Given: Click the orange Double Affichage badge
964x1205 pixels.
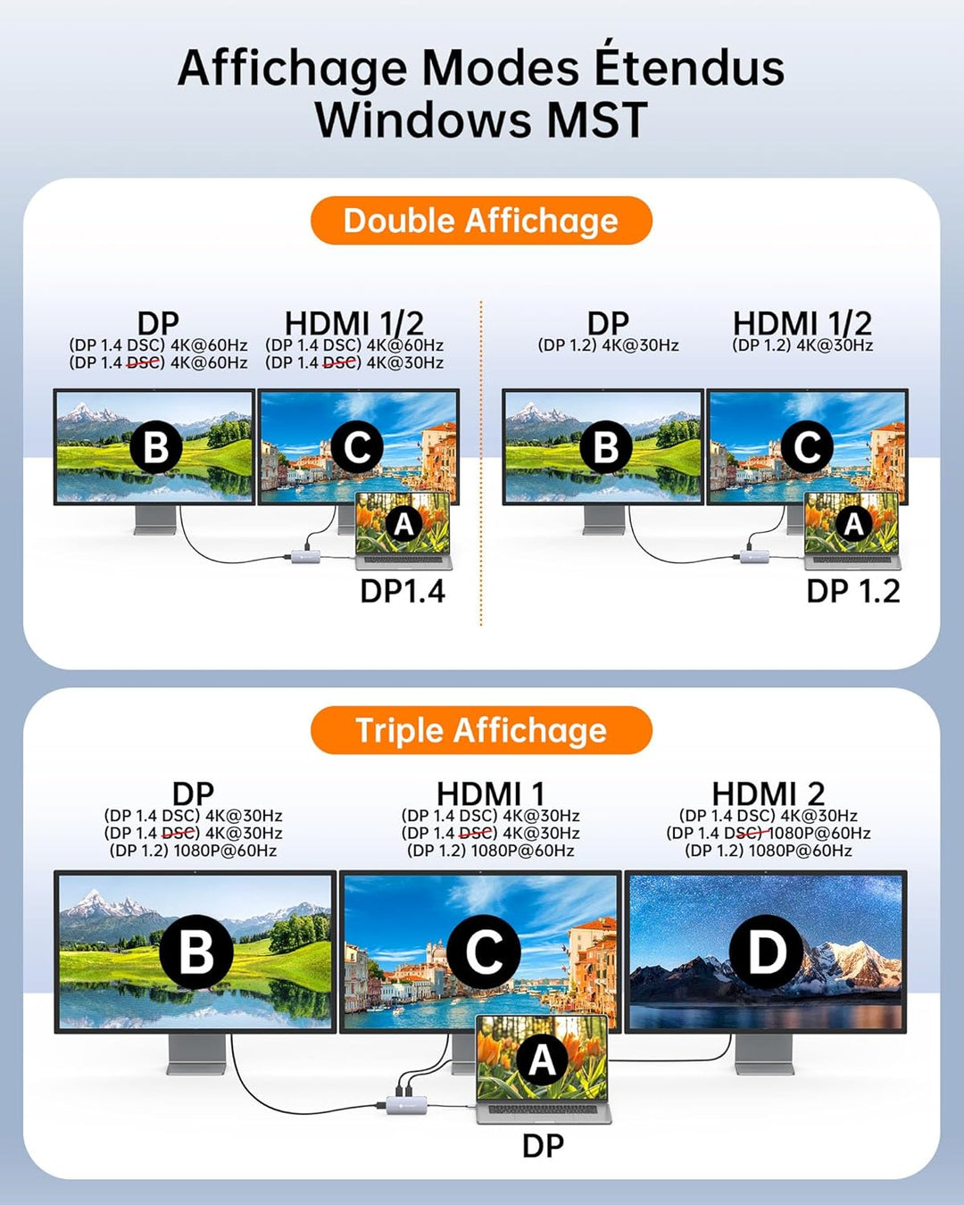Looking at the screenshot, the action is tap(481, 220).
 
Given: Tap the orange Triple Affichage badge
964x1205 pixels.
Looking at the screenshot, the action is tap(481, 730).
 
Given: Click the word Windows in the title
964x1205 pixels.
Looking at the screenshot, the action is tap(423, 120).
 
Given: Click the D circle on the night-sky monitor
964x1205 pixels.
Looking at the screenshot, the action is tap(766, 952).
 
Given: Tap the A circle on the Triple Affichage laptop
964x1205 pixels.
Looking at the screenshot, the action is tap(542, 1059).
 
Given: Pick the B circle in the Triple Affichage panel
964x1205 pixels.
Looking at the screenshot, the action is tap(196, 952).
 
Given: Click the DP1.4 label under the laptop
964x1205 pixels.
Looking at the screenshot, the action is tap(403, 591).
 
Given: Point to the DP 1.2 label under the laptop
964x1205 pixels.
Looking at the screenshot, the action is tap(852, 591).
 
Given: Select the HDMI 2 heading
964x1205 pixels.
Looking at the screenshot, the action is tap(768, 794).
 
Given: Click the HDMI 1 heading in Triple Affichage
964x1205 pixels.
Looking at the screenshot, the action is tap(490, 794).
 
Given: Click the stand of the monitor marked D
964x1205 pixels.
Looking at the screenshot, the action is tap(764, 1054).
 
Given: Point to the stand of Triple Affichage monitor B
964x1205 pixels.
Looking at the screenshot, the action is tap(196, 1054).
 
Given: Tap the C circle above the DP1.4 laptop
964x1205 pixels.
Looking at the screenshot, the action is tap(357, 447).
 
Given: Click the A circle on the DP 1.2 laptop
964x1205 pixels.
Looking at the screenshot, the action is tap(853, 525).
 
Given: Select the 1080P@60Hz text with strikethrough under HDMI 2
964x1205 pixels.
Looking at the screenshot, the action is tap(819, 833).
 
